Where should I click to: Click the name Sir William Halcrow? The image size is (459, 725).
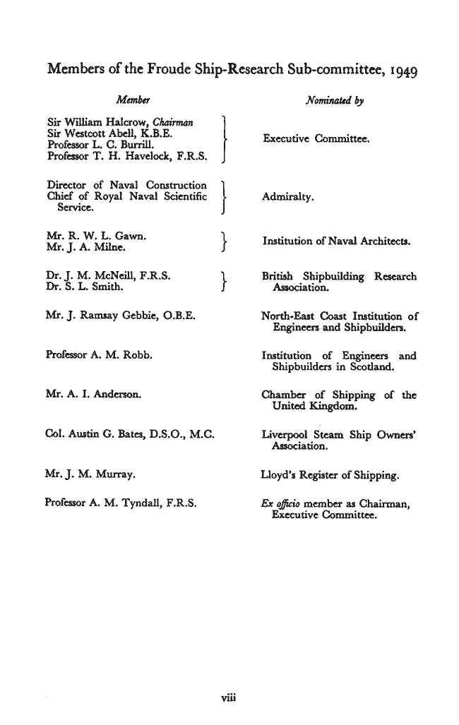pyautogui.click(x=93, y=119)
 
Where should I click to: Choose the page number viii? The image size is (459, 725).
pyautogui.click(x=229, y=699)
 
